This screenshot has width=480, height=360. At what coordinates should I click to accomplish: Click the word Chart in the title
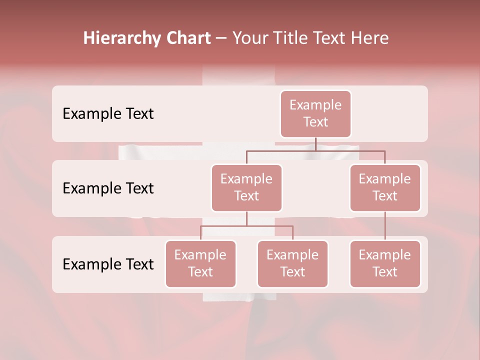tap(188, 38)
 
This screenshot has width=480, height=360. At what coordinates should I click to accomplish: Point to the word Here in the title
tap(370, 38)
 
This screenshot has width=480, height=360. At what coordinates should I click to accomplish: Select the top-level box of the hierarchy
tap(315, 113)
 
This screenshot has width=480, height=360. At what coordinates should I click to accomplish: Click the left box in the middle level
tap(246, 187)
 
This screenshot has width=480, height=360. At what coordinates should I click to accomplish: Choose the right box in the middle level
tap(385, 187)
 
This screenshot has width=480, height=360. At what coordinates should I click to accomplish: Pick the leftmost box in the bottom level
tap(200, 263)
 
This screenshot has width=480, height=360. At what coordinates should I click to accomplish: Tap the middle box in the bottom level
tap(292, 263)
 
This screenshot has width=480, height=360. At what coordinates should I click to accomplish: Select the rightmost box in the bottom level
tap(385, 263)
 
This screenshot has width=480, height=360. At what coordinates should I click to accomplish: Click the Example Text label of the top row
tap(108, 113)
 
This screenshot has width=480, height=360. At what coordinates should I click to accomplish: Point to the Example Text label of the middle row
tap(108, 188)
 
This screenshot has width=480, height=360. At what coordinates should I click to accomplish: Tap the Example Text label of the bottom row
tap(108, 264)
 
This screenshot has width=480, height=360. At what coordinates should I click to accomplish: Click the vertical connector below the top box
tap(315, 144)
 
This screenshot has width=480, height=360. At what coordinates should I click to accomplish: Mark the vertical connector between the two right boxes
tap(385, 226)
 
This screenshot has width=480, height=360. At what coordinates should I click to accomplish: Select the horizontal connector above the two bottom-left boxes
tap(246, 226)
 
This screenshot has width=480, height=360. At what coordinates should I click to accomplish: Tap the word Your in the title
tap(249, 38)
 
